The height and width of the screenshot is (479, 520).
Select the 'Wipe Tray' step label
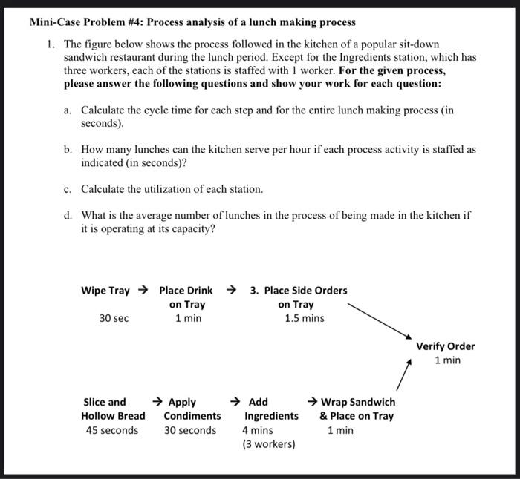[x=105, y=290]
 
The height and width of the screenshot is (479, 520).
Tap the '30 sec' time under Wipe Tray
[x=114, y=318]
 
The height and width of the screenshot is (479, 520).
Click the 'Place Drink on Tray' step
[x=186, y=297]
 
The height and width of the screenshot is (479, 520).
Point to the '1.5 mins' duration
[x=305, y=318]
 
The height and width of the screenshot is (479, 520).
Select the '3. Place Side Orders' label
[x=299, y=290]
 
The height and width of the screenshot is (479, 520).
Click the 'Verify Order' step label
[x=445, y=346]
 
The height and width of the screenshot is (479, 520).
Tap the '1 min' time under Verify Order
[x=447, y=360]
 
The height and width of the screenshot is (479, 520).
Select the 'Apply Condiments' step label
[x=192, y=409]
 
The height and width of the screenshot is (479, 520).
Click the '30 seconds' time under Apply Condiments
[x=190, y=430]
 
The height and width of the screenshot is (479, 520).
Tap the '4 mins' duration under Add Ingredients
[x=258, y=430]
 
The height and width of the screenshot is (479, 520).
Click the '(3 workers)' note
[x=269, y=444]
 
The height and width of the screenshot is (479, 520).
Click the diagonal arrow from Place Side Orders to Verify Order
[x=376, y=318]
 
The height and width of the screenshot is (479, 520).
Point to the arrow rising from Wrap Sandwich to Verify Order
[x=402, y=374]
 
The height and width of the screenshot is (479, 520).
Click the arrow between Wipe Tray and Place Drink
[x=144, y=290]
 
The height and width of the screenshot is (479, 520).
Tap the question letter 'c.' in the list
[x=68, y=189]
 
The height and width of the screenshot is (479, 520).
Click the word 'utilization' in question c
[x=152, y=189]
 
